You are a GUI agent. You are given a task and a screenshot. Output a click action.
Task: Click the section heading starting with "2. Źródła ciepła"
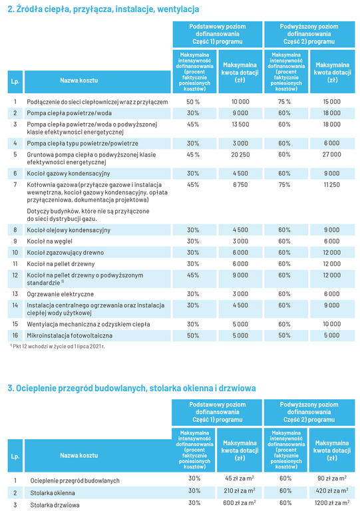pyautogui.click(x=103, y=9)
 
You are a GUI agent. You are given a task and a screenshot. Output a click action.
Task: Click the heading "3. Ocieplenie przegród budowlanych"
pyautogui.click(x=132, y=388)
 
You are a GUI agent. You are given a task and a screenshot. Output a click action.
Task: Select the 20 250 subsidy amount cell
pyautogui.click(x=240, y=154)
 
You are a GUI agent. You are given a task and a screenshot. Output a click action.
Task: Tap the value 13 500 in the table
pyautogui.click(x=240, y=124)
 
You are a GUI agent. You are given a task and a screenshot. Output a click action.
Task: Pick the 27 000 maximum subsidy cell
pyautogui.click(x=331, y=154)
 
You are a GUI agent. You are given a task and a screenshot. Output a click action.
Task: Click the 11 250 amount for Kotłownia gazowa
pyautogui.click(x=331, y=185)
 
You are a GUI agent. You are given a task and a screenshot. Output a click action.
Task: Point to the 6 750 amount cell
pyautogui.click(x=240, y=185)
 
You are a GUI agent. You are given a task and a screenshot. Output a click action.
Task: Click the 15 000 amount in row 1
pyautogui.click(x=331, y=102)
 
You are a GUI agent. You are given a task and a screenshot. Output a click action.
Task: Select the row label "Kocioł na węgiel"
pyautogui.click(x=49, y=242)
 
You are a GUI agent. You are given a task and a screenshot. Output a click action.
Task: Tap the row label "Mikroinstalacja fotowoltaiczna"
pyautogui.click(x=69, y=335)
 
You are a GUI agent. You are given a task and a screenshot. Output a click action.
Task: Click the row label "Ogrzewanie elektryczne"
pyautogui.click(x=61, y=294)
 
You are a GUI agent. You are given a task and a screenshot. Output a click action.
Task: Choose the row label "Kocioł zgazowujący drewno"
pyautogui.click(x=65, y=253)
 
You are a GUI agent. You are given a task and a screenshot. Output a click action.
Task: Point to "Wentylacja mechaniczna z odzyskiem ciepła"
pyautogui.click(x=89, y=324)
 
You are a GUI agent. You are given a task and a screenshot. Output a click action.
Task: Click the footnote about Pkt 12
pyautogui.click(x=57, y=347)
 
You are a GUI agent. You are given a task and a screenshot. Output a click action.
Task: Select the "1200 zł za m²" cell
pyautogui.click(x=332, y=503)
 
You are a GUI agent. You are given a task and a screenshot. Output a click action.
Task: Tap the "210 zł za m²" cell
pyautogui.click(x=240, y=490)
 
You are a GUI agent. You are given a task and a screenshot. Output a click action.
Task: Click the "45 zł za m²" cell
pyautogui.click(x=240, y=478)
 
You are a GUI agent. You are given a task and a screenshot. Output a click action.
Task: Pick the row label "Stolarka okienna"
pyautogui.click(x=53, y=493)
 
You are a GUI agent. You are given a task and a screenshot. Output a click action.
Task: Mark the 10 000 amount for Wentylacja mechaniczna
pyautogui.click(x=331, y=324)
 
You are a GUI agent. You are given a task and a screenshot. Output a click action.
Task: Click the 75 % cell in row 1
pyautogui.click(x=284, y=102)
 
